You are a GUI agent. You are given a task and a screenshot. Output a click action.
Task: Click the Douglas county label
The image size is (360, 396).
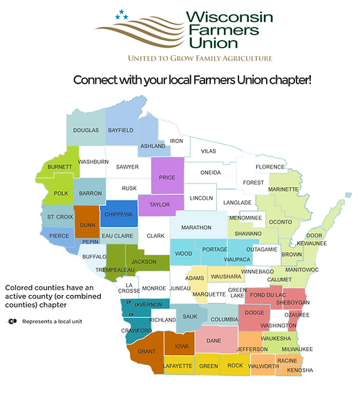pyautogui.click(x=86, y=130)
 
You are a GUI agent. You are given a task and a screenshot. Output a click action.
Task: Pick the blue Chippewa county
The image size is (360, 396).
pyautogui.click(x=118, y=214)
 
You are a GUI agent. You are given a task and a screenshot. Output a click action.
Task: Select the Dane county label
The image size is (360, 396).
pyautogui.click(x=214, y=341)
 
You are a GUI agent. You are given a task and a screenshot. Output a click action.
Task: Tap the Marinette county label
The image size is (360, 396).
pyautogui.click(x=283, y=188)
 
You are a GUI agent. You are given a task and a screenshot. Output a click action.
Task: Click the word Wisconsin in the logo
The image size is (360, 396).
pyautogui.click(x=206, y=15)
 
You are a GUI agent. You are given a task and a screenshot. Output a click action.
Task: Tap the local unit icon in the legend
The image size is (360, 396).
pyautogui.click(x=12, y=321)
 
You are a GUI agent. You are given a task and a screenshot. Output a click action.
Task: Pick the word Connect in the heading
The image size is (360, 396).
pyautogui.click(x=98, y=80)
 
